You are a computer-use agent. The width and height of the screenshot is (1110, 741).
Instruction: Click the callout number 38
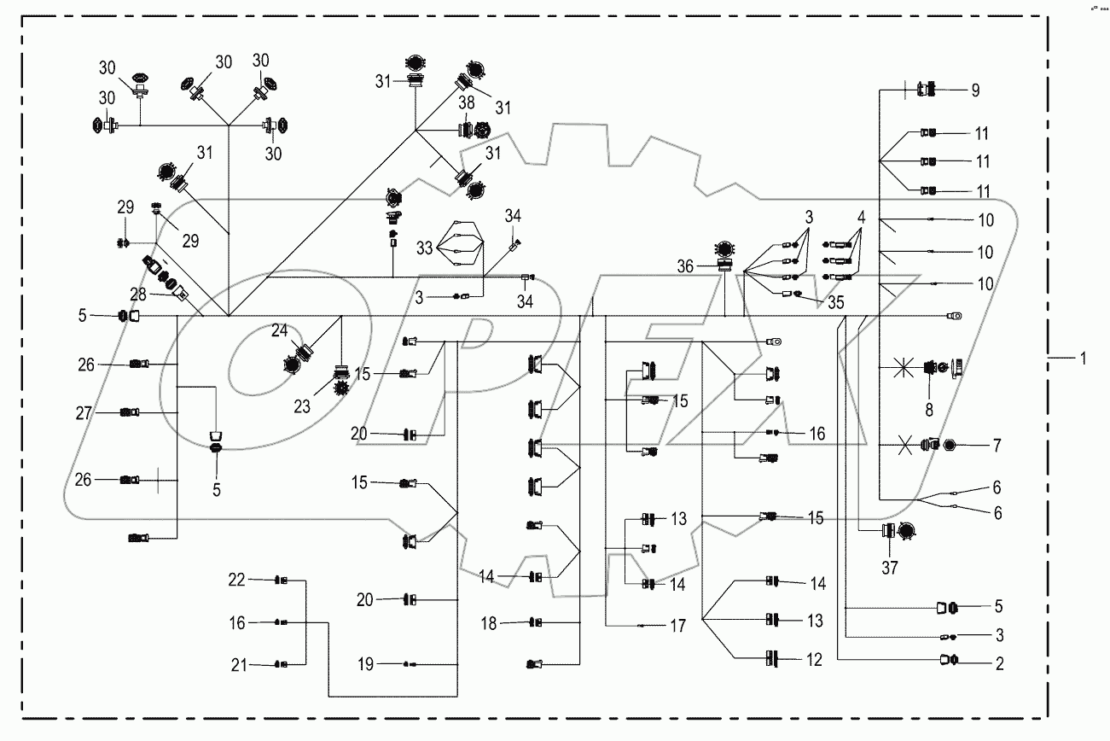pyautogui.click(x=466, y=102)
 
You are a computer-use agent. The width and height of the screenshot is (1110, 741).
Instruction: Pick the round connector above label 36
pyautogui.click(x=724, y=248)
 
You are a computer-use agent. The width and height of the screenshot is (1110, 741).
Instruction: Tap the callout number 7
pyautogui.click(x=997, y=446)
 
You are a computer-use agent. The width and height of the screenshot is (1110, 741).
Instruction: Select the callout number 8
pyautogui.click(x=929, y=411)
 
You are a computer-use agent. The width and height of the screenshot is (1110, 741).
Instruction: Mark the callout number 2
pyautogui.click(x=998, y=663)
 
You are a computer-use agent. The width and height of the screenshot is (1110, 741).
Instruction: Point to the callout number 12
pyautogui.click(x=815, y=659)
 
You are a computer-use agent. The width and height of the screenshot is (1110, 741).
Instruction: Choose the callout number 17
pyautogui.click(x=677, y=626)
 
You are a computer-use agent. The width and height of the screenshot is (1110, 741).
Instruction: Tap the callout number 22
pyautogui.click(x=236, y=581)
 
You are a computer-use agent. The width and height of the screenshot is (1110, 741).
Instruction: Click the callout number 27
pyautogui.click(x=83, y=412)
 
